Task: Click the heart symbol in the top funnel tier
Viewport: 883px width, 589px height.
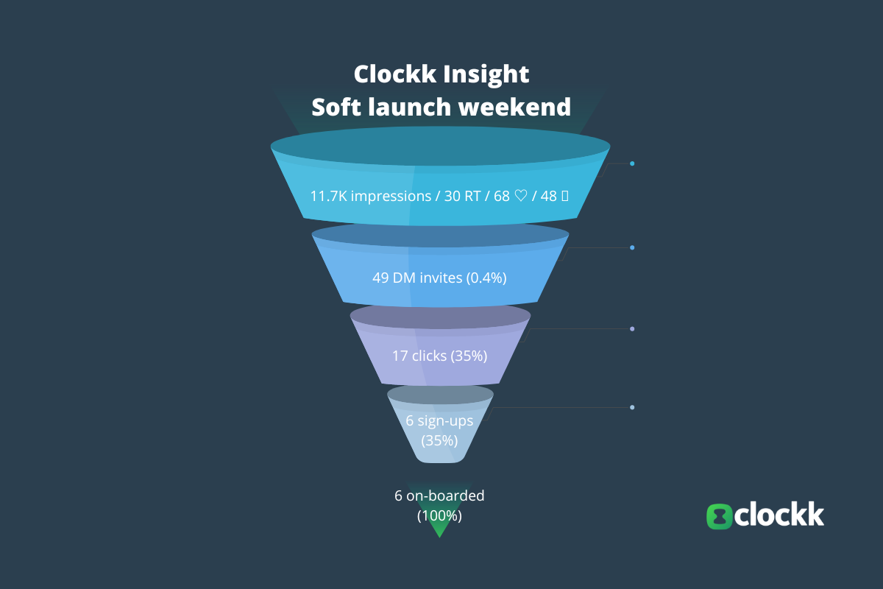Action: coord(520,197)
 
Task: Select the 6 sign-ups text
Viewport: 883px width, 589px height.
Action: coord(439,421)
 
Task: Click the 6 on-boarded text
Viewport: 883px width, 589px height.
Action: coord(439,495)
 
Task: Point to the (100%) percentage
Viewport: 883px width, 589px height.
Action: coord(439,516)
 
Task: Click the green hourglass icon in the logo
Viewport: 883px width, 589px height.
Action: coord(720,515)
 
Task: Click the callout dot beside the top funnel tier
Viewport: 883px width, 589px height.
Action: coord(632,163)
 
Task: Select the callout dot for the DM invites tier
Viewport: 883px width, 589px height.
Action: coord(632,247)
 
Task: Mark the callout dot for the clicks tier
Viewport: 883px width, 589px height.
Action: coord(632,328)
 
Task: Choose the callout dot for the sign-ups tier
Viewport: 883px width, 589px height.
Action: coord(632,407)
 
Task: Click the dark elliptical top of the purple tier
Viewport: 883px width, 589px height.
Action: coord(440,316)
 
